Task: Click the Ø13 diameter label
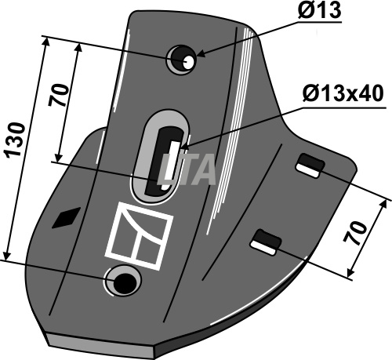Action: (318, 10)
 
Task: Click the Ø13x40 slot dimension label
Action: (343, 93)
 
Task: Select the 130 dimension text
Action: (16, 140)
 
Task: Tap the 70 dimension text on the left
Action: (58, 95)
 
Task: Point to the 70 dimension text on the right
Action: (355, 233)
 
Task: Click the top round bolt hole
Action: (181, 60)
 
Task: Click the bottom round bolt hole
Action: (122, 281)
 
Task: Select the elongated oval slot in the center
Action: (159, 156)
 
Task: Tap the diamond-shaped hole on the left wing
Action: (67, 218)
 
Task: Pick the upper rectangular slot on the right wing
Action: (310, 165)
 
